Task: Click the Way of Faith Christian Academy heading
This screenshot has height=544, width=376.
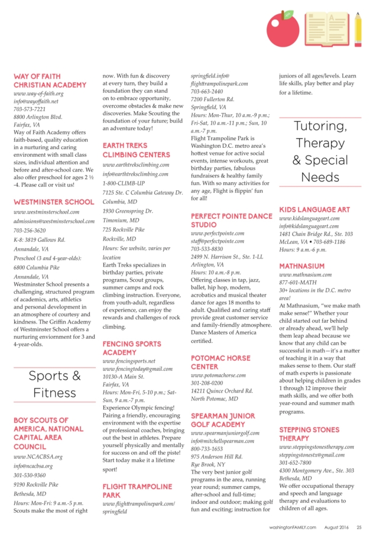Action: click(x=50, y=80)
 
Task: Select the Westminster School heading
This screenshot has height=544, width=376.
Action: click(x=53, y=202)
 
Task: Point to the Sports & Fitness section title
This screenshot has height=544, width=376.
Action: click(x=54, y=384)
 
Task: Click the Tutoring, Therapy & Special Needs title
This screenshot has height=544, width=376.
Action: click(x=320, y=151)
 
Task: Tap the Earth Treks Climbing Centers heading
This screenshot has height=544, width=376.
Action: click(x=136, y=150)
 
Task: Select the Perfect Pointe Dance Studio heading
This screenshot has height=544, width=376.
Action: click(x=231, y=221)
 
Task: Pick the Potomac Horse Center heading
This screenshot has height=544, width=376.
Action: click(x=221, y=362)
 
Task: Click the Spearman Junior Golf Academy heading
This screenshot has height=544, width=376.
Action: click(x=226, y=420)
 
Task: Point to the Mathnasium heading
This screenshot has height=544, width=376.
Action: click(x=302, y=266)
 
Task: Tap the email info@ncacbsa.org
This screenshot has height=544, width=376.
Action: click(x=33, y=466)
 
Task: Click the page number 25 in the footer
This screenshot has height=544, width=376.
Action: click(x=359, y=527)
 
